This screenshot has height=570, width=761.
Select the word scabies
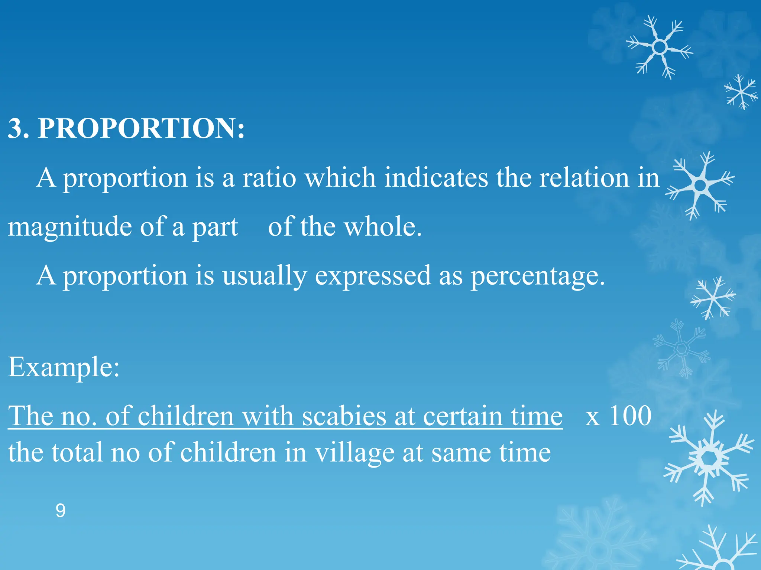pos(344,416)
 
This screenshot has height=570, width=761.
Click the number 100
pos(630,416)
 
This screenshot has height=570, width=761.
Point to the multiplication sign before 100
pos(592,418)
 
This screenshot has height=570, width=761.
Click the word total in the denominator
pos(77,453)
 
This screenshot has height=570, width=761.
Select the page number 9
pos(61,511)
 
